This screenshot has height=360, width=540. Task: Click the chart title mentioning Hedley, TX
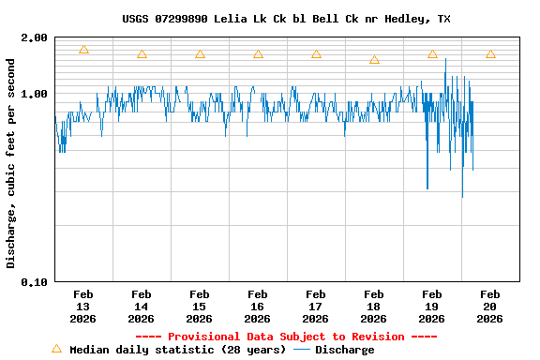pos(286,19)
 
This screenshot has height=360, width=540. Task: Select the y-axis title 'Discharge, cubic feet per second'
pos(11,163)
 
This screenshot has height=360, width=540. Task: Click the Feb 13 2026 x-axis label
pos(82,306)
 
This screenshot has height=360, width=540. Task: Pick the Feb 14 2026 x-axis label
pos(141,306)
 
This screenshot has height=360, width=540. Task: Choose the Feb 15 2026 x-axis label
pos(199,306)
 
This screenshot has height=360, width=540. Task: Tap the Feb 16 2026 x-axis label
pos(257,306)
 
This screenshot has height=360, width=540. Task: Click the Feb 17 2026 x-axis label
pos(315,306)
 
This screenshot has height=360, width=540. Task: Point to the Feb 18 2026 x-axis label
pos(373,306)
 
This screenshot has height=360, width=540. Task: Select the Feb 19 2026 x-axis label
pos(431,306)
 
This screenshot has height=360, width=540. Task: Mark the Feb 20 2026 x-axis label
pos(489,306)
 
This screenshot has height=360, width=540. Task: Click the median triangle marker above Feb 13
pos(83,50)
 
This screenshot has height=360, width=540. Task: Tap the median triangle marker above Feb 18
pos(374,59)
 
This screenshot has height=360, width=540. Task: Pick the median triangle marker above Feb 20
pos(490,54)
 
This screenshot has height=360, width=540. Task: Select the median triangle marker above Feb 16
pos(258,54)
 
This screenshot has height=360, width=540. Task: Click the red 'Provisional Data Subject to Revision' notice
pos(286,337)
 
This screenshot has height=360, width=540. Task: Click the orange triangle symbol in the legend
pos(56,349)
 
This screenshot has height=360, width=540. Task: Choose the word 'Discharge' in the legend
pos(344,350)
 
